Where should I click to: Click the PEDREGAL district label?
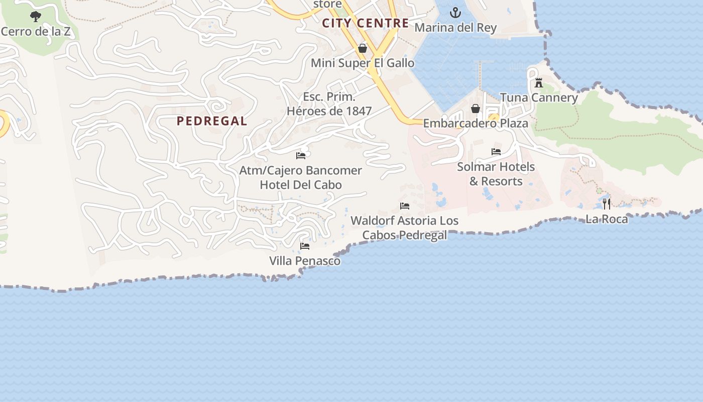coord(212,121)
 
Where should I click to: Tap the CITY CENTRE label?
coord(366,23)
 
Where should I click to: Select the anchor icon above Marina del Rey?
coord(455,13)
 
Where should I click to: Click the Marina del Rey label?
coord(455,28)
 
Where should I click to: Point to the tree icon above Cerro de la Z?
coord(35,17)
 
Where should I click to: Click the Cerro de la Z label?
coord(35,32)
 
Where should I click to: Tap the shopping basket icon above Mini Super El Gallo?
coord(363,48)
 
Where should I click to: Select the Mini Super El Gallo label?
coord(363,63)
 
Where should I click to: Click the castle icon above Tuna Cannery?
coord(539,83)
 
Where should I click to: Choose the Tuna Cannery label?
coord(539,97)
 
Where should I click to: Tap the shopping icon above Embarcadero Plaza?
coord(476,109)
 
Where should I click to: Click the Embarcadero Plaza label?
coord(476,124)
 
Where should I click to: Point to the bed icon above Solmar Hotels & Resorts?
coord(496,152)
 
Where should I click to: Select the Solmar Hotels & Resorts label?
coord(496,174)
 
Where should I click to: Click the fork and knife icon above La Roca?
coord(607,204)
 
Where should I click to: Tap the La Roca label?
coord(607,219)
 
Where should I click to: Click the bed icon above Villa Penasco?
coord(304,246)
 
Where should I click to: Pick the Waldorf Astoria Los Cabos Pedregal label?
coord(405,228)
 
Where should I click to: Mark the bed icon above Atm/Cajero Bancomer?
coord(301,156)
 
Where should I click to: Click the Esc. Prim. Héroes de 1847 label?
coord(329,104)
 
